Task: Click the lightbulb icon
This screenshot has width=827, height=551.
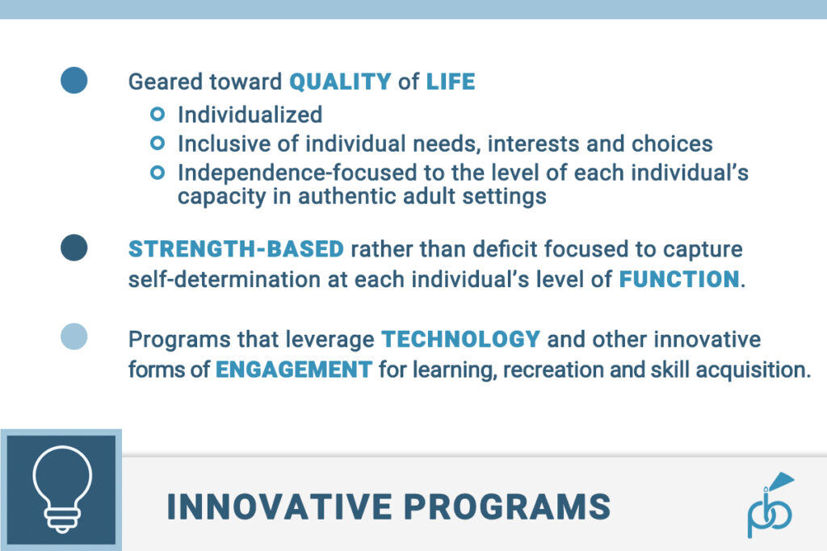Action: pos(61,489)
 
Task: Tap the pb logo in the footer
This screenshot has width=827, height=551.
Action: pos(770,506)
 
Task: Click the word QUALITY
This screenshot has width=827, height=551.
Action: pos(340,81)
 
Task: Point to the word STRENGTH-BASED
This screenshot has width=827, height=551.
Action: pos(236,249)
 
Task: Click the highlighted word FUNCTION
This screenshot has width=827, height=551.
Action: pos(679,280)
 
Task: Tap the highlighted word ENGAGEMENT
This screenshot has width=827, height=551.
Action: pos(294,369)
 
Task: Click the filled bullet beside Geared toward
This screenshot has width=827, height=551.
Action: pos(73,80)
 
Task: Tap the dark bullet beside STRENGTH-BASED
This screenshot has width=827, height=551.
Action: pos(73,248)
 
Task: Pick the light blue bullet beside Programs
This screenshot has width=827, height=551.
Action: pos(73,336)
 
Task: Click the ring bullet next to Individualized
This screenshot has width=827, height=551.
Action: pos(158,114)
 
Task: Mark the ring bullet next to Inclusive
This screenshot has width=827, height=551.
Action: pos(158,144)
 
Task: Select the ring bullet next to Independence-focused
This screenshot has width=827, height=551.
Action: pos(158,173)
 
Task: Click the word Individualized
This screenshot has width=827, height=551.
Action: pos(250,115)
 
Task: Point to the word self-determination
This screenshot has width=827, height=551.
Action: pos(213,280)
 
